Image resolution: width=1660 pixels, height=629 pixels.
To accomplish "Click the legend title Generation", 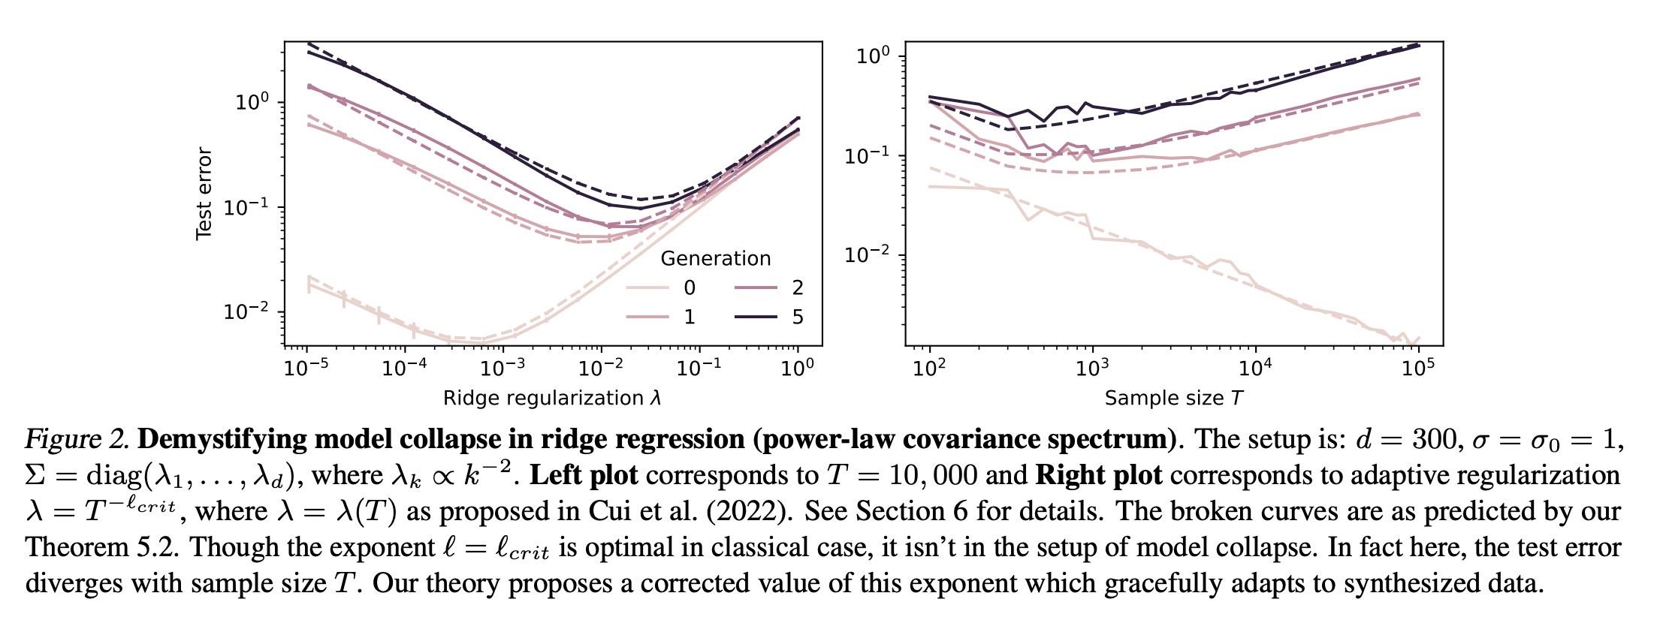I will pos(715,259).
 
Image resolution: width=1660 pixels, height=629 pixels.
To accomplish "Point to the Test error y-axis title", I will pos(204,194).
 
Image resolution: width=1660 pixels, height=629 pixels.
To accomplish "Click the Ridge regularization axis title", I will pos(552,398).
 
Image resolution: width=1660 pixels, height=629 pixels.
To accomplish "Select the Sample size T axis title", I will pos(1173,398).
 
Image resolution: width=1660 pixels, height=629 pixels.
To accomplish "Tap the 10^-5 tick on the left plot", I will pos(307,367).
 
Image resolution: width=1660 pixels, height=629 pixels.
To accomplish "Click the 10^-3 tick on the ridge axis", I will pos(503,367).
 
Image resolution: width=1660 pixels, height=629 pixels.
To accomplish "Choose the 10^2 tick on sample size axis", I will pos(930,367).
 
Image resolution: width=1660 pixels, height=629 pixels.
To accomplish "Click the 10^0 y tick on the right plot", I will pos(873,56).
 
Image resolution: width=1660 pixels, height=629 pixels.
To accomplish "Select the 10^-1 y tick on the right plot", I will pos(868,155).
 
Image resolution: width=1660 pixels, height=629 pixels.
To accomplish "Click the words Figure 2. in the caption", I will pos(78,439).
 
